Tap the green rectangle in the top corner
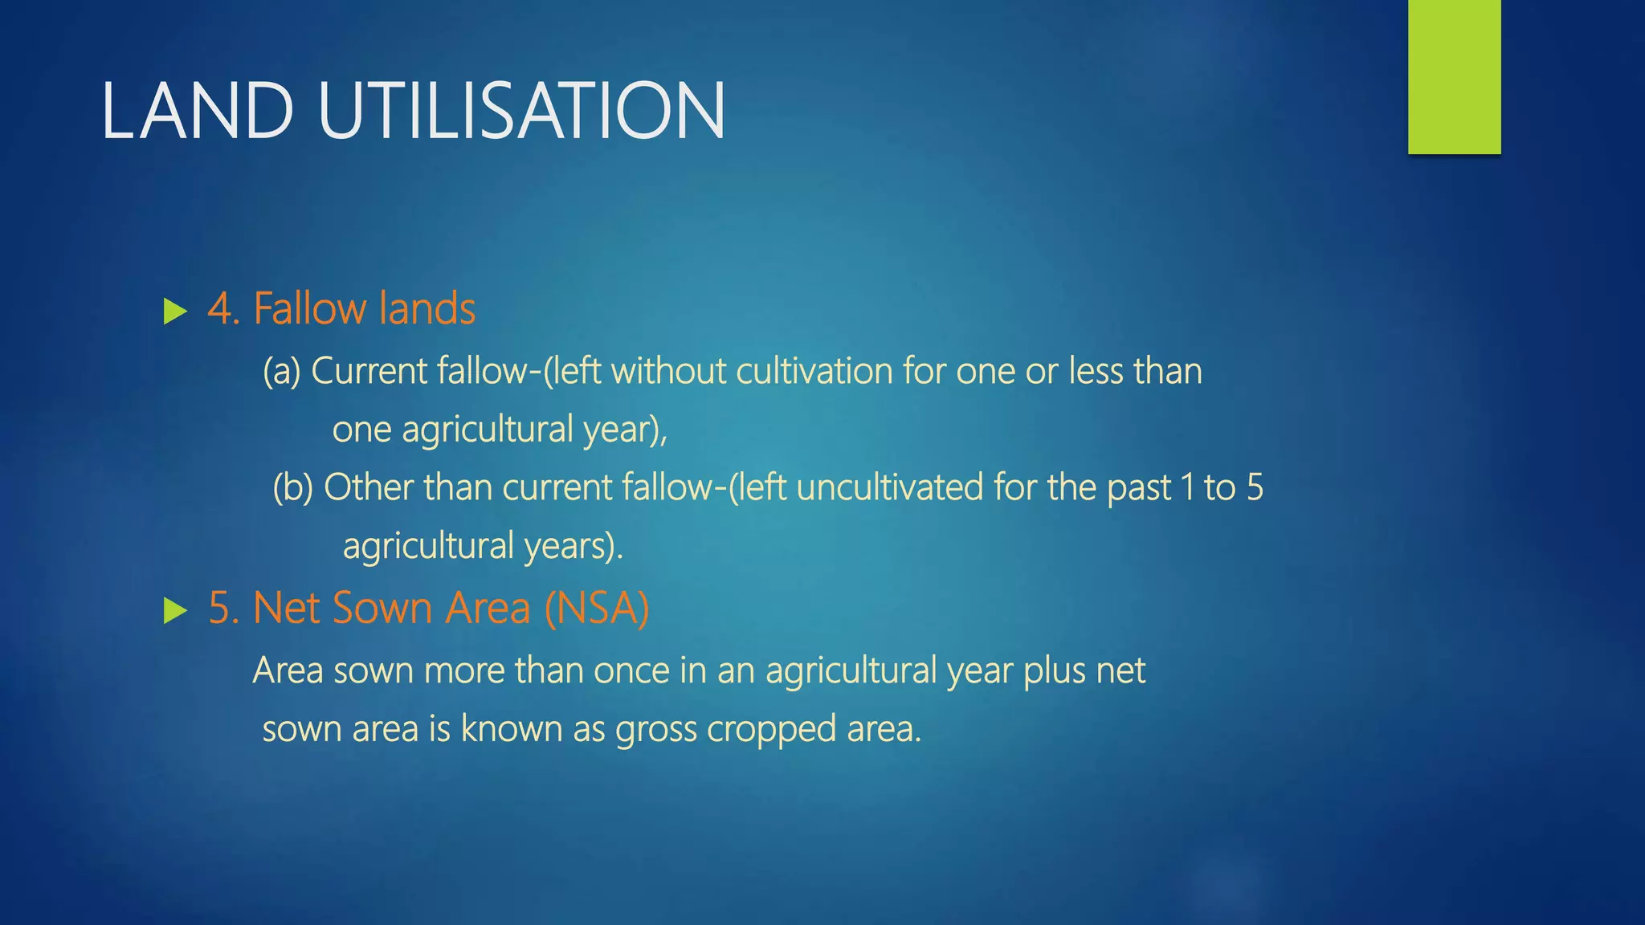[1454, 76]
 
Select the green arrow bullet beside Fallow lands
[174, 312]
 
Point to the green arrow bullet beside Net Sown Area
[174, 611]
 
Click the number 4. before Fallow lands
[224, 309]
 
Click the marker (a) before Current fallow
[281, 372]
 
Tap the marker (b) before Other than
[292, 488]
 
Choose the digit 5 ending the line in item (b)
[1255, 488]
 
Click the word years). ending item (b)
[574, 547]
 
